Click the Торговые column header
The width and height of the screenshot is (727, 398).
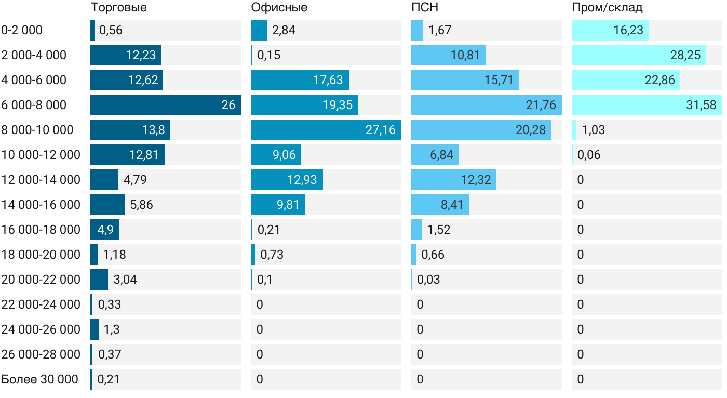click(x=118, y=8)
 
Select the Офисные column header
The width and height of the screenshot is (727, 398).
click(x=279, y=8)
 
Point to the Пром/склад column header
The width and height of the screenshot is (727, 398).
click(x=607, y=8)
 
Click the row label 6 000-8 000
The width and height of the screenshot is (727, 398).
click(x=34, y=105)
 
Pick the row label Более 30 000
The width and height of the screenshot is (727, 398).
click(x=40, y=379)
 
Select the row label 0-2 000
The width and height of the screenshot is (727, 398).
click(x=22, y=30)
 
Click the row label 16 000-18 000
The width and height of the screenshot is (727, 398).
click(x=41, y=230)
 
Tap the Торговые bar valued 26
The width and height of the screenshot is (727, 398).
click(x=165, y=105)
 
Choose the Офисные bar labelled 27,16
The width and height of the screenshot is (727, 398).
click(x=326, y=130)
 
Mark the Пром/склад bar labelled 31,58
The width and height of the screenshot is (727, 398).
click(x=647, y=105)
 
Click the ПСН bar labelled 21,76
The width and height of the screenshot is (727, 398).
click(x=486, y=105)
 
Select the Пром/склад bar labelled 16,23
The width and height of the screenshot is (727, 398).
click(x=610, y=30)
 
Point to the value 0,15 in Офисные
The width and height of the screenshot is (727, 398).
click(x=269, y=55)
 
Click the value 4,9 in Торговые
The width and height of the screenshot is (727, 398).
click(x=105, y=230)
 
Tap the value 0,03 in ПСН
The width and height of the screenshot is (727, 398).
click(x=428, y=280)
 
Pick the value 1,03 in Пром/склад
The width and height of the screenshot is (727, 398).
click(x=594, y=130)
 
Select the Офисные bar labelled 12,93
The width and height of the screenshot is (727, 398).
click(x=287, y=180)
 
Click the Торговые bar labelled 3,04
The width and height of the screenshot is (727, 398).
click(x=99, y=280)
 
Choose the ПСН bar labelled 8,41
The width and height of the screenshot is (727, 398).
click(x=440, y=205)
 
